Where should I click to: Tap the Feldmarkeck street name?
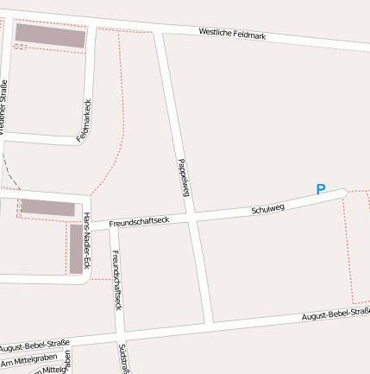pyautogui.click(x=84, y=121)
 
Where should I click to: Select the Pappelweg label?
pyautogui.click(x=182, y=177)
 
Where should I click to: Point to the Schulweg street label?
pyautogui.click(x=267, y=209)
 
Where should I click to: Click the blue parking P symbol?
pyautogui.click(x=321, y=190)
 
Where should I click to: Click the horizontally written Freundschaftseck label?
pyautogui.click(x=138, y=222)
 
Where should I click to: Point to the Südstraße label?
pyautogui.click(x=124, y=358)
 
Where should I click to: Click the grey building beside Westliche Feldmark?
pyautogui.click(x=50, y=35)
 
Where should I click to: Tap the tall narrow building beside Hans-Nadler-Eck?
pyautogui.click(x=76, y=249)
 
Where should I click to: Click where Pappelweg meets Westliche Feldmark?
pyautogui.click(x=159, y=31)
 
